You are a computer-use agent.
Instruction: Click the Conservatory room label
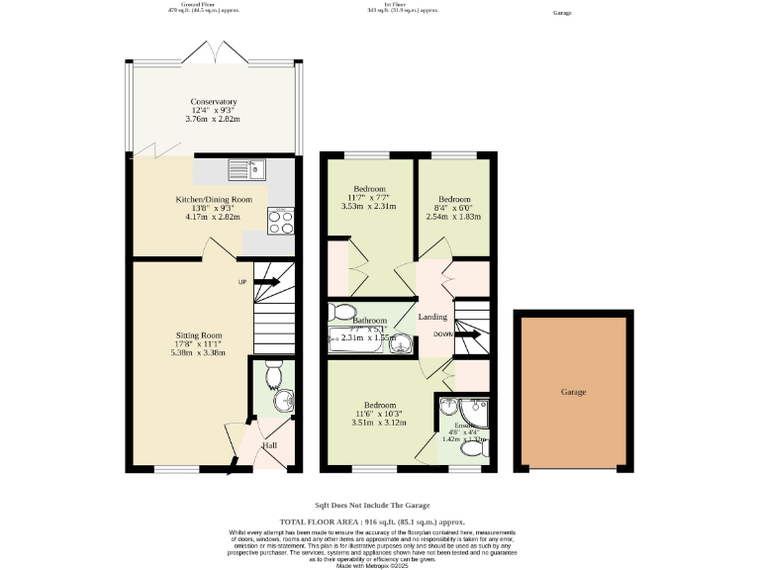214,102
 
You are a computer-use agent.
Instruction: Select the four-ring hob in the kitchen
280,219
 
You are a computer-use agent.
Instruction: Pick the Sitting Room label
198,335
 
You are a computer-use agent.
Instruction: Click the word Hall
269,445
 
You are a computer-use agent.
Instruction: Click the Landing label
432,317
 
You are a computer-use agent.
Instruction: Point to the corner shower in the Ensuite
454,410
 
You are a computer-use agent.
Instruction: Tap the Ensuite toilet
474,448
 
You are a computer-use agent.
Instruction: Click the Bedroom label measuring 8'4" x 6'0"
453,198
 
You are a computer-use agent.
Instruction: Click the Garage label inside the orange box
573,392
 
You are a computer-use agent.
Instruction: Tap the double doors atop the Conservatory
214,51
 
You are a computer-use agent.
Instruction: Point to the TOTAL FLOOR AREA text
372,522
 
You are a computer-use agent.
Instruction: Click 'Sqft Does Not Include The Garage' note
372,505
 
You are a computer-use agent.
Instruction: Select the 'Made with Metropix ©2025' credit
372,565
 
